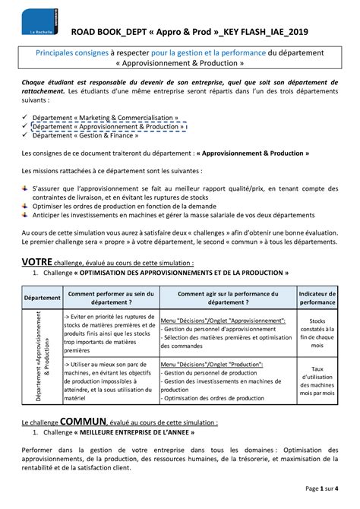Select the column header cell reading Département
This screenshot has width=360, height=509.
pyautogui.click(x=41, y=297)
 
